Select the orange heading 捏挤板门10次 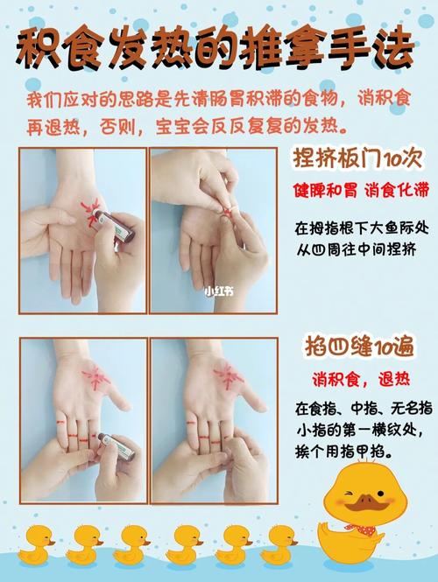pos(357,160)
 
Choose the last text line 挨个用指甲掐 pos(344,453)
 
